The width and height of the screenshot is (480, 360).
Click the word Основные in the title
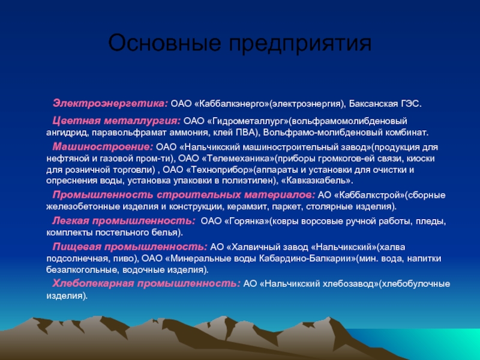164,43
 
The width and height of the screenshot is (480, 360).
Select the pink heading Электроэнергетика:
110,103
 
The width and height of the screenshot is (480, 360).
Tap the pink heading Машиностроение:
103,146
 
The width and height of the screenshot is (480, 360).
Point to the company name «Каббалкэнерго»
232,104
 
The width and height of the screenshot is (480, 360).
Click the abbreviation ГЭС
411,104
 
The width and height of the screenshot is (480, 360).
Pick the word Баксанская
373,104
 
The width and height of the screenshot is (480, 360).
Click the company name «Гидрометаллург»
248,121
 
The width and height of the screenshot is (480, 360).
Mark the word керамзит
247,206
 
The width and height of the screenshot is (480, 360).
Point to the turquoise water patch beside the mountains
428,343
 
